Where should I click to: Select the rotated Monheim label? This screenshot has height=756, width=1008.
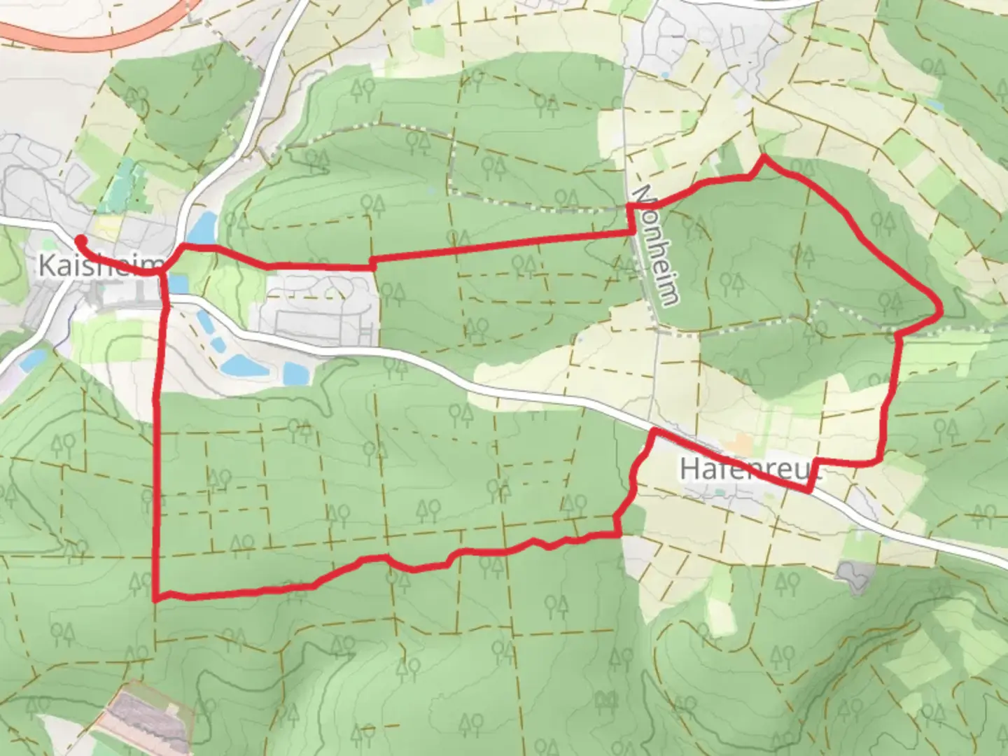[x=655, y=245]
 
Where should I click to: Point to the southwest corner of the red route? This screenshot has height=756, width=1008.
[x=155, y=598]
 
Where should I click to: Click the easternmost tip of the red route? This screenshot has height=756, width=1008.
[x=940, y=309]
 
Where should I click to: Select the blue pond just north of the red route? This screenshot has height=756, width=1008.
[x=203, y=228]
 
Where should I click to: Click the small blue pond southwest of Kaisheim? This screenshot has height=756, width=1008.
[x=32, y=360]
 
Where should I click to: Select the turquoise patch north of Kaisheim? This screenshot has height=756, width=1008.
[x=126, y=178]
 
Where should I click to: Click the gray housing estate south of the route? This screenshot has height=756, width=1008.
[x=318, y=308]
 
